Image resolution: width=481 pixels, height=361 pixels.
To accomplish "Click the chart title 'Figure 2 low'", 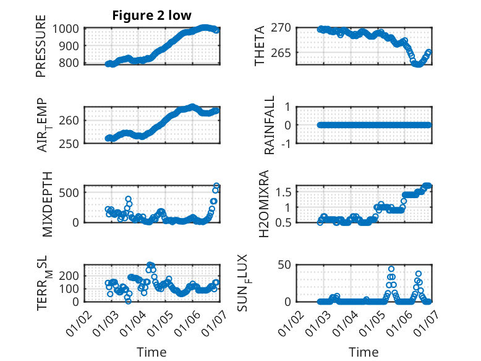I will (x=151, y=15).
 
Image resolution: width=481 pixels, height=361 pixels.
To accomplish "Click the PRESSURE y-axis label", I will (x=41, y=50).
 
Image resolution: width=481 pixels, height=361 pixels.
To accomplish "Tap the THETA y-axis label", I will (x=260, y=45).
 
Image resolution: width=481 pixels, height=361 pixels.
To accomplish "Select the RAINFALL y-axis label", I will (x=270, y=126).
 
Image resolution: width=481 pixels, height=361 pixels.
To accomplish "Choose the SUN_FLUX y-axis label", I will (x=262, y=284).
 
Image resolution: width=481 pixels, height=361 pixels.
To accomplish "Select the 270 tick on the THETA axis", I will (x=283, y=28).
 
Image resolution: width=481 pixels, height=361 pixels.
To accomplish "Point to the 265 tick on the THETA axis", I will (x=283, y=53).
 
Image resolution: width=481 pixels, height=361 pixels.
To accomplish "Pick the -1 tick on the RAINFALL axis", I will (x=287, y=143).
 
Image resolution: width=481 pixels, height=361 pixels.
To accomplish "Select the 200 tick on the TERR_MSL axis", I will (x=70, y=275).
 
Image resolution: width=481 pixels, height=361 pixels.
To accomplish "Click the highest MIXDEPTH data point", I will (x=217, y=186).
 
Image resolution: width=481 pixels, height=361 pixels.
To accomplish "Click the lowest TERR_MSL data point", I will (x=128, y=301).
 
